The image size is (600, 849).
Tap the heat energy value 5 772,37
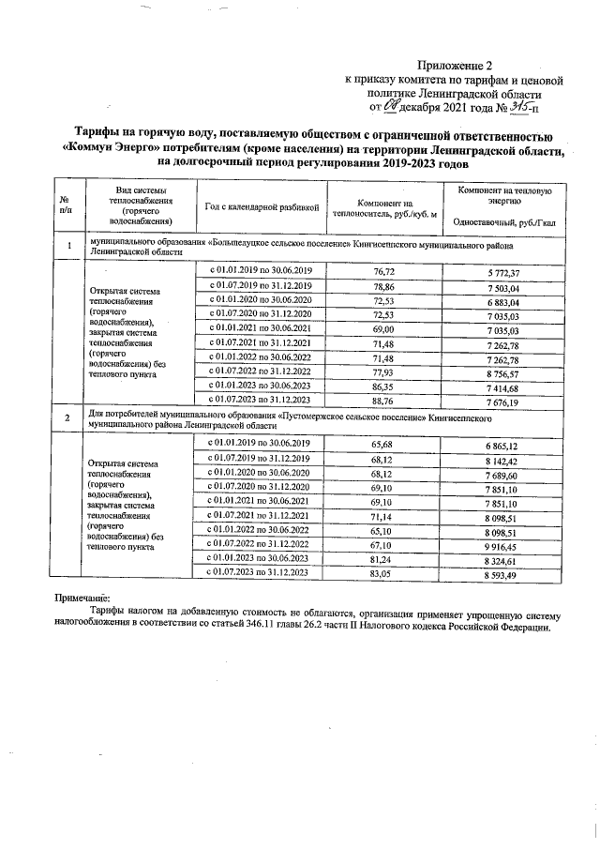click(503, 271)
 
